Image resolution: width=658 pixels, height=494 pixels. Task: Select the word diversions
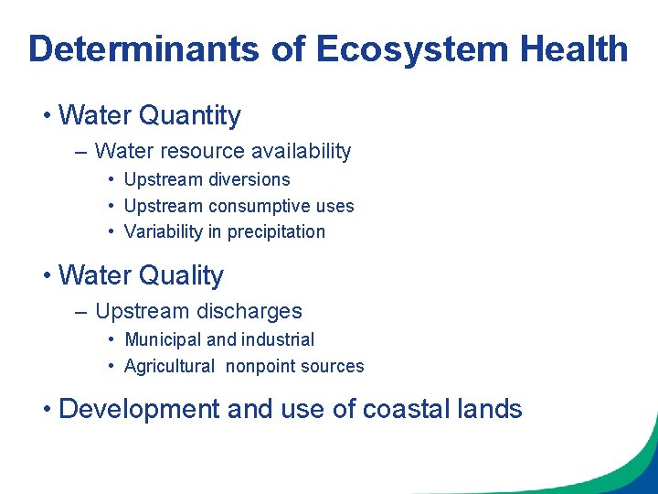click(x=249, y=180)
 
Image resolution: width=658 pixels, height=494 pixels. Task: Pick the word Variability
click(x=164, y=231)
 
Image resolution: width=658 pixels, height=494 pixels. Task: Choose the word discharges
click(x=252, y=311)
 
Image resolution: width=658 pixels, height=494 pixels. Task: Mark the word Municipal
click(x=163, y=340)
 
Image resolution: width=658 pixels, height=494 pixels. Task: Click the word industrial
click(x=277, y=339)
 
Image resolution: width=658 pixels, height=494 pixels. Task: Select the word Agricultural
click(x=169, y=367)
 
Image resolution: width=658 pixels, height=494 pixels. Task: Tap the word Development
click(x=139, y=409)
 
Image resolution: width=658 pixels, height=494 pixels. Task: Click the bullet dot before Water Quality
click(x=46, y=276)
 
